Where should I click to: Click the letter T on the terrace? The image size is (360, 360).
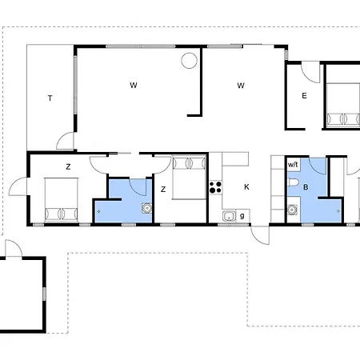(x=50, y=98)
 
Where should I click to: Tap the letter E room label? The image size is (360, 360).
(x=304, y=96)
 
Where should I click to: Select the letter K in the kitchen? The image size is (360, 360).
(x=246, y=187)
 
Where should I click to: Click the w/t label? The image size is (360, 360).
(x=293, y=165)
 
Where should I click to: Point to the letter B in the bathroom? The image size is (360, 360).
(x=306, y=187)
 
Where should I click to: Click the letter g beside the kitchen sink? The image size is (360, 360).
(x=242, y=216)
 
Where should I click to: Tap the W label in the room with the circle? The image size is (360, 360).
(x=134, y=86)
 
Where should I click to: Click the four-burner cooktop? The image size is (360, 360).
(x=215, y=187)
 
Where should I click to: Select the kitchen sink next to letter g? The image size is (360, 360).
(x=229, y=216)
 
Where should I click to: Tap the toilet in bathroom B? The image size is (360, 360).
(x=293, y=182)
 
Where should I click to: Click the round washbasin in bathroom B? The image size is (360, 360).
(x=292, y=210)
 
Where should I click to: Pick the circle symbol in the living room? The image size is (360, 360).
(x=189, y=61)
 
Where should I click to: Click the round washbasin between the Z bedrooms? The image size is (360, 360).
(x=146, y=208)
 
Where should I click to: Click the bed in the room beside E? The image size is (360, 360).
(x=343, y=105)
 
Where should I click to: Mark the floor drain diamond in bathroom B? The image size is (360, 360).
(x=338, y=211)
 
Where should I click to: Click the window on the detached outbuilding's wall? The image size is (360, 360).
(x=44, y=294)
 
